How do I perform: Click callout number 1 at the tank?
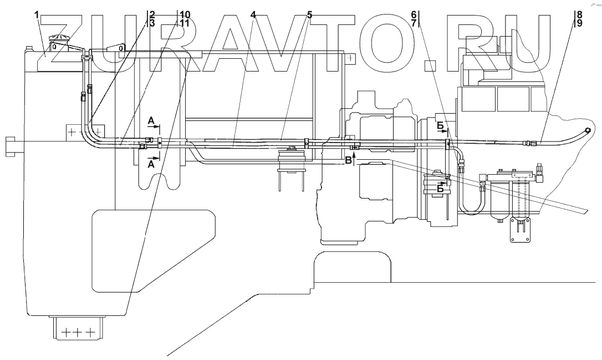click(37, 15)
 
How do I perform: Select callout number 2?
click(152, 14)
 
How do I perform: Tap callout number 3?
click(152, 23)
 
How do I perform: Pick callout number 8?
click(579, 14)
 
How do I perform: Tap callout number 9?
click(579, 23)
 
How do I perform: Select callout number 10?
click(184, 14)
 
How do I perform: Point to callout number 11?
click(184, 23)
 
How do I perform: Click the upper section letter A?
click(151, 120)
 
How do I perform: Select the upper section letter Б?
click(440, 127)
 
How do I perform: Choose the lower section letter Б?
click(440, 189)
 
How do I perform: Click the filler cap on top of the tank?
click(57, 40)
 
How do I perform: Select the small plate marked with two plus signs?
click(78, 132)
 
